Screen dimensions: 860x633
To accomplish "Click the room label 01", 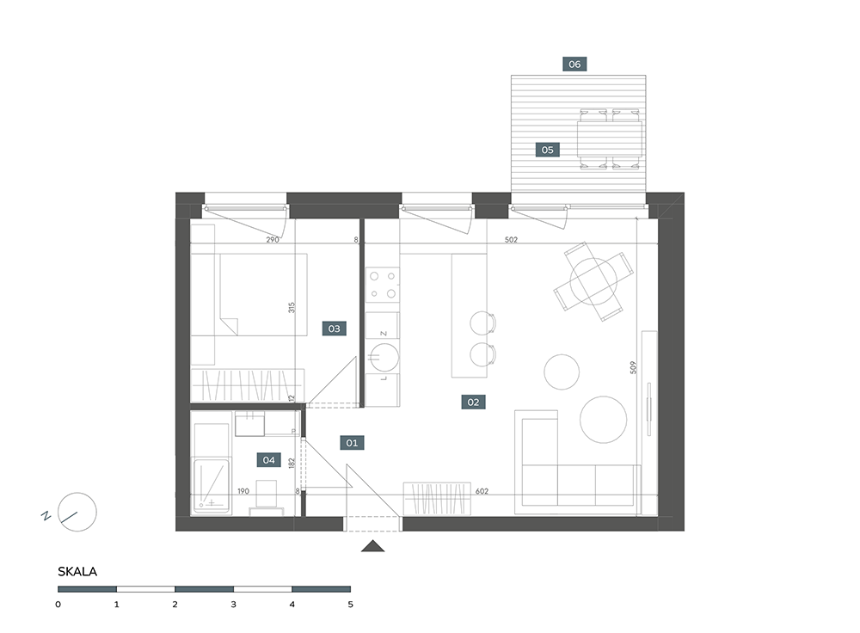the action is coord(352,443).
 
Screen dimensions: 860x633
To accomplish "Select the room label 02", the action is coord(473,402).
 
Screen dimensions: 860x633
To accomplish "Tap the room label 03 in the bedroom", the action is coord(334,329).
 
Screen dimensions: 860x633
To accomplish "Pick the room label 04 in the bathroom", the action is coord(268,459).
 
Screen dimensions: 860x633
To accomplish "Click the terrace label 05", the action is coord(547,150).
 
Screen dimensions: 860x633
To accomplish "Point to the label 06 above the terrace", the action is coord(574,65).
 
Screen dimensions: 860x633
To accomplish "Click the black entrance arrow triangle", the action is coord(373,546).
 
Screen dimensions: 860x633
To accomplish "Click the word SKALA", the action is coord(77,572).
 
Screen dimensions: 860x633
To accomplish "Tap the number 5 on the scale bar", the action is coord(351,605).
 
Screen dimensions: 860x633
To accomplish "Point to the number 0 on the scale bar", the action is coord(58,605).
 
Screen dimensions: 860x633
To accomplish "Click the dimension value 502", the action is coord(511,240).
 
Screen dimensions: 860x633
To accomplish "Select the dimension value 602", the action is coord(482,491).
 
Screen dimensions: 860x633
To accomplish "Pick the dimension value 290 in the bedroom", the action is coord(273,240).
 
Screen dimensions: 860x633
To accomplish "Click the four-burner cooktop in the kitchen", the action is coord(383,285).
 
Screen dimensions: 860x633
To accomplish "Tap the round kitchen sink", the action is coord(384,357).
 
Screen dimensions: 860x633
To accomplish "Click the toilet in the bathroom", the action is coord(267,495).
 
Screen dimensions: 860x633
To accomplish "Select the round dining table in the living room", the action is coord(593,281).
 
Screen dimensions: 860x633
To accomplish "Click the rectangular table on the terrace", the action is coord(610,139).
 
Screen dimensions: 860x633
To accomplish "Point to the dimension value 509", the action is coord(634,367).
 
